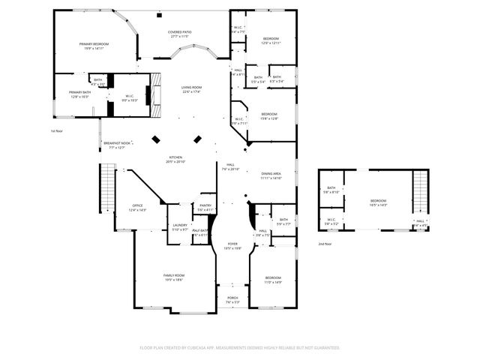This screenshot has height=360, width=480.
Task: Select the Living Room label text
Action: (191, 89)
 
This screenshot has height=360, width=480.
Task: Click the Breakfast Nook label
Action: (115, 144)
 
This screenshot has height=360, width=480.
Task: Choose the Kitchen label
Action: (175, 159)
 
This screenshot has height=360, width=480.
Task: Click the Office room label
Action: (137, 207)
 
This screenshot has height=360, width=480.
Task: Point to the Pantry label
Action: (205, 207)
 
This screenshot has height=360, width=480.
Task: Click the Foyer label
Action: (232, 245)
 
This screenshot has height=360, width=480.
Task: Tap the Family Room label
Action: (174, 277)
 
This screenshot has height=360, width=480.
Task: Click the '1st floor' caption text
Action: (57, 131)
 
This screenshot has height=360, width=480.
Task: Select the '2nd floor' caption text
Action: (324, 244)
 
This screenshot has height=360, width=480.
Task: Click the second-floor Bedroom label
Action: (377, 202)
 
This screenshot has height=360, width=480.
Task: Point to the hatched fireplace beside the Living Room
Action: (156, 94)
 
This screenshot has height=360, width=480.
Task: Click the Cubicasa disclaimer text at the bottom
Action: (240, 348)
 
